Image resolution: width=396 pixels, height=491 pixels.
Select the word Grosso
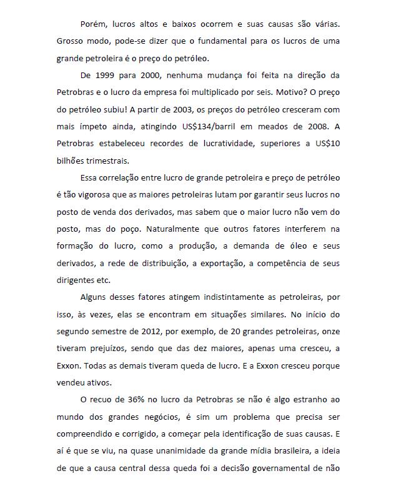point(71,41)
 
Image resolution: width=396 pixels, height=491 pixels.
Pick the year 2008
point(314,126)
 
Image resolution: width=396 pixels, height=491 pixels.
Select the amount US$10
point(326,143)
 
